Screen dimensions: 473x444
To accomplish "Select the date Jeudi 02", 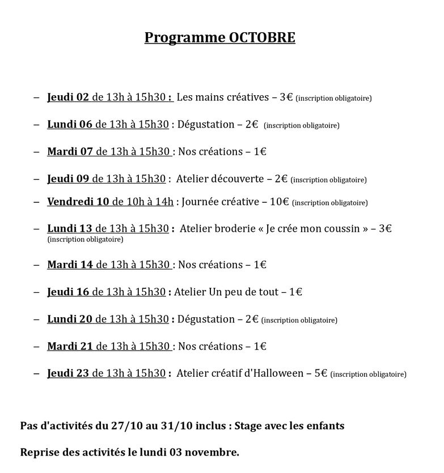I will click(68, 97).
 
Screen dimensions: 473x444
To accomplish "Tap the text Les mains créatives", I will click(223, 97).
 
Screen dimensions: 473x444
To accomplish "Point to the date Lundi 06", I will click(69, 124).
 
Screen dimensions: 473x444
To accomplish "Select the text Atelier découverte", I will click(219, 178).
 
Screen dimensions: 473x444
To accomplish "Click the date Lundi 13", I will click(69, 228).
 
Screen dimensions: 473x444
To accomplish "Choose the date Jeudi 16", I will click(68, 292).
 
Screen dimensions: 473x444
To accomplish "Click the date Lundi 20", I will click(69, 319).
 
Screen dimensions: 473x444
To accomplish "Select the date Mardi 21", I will click(70, 346).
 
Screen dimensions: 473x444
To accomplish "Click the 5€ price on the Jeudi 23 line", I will click(320, 373).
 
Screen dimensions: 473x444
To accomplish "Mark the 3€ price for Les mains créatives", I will click(286, 97).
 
